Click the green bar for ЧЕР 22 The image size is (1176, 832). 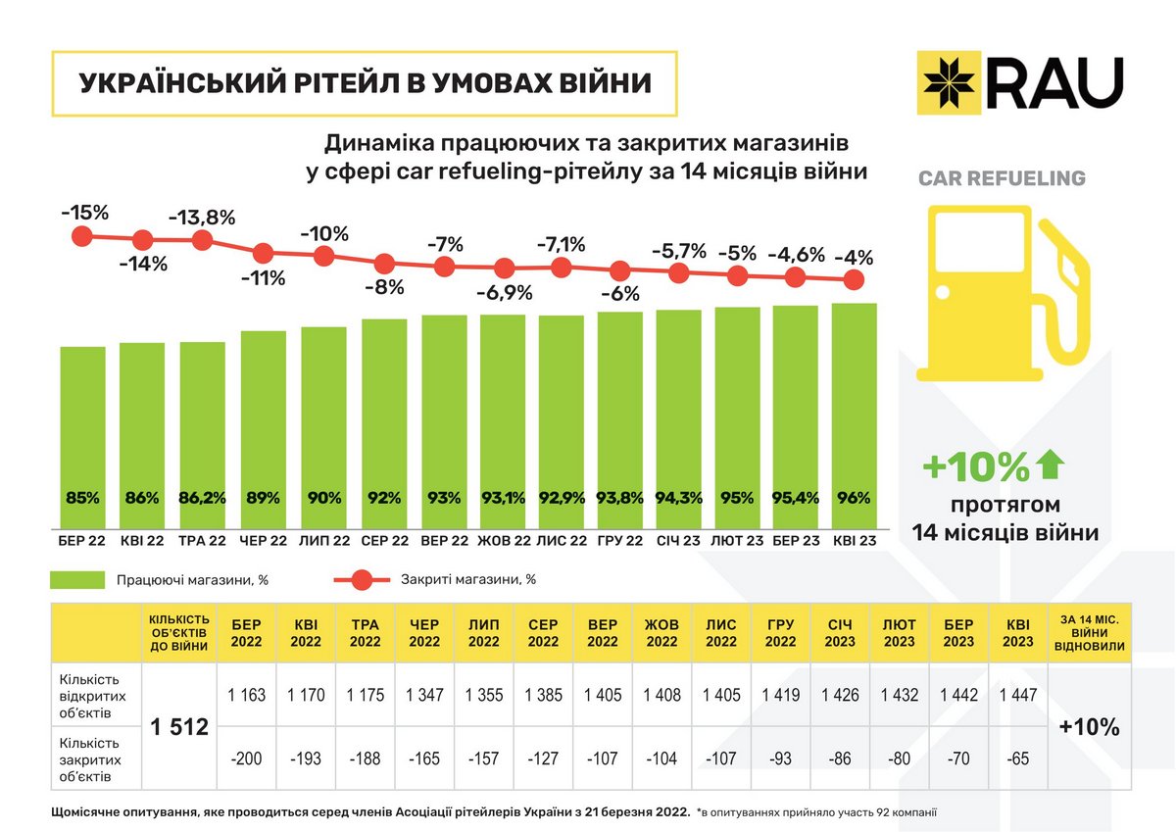[x=264, y=421]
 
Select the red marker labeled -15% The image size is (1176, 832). [x=82, y=236]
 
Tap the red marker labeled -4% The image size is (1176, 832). [x=854, y=280]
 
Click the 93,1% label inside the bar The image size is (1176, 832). [x=504, y=498]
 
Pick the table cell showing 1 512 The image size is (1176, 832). [x=179, y=726]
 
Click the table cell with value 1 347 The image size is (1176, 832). [x=424, y=695]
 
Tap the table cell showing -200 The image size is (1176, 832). [x=247, y=758]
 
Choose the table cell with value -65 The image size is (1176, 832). [x=1018, y=758]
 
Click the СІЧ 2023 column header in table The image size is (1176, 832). [x=840, y=632]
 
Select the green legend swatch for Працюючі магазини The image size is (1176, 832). [x=76, y=579]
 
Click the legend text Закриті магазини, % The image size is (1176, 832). [x=467, y=579]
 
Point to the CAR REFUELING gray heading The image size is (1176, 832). [x=1002, y=178]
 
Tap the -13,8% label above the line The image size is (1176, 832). [x=203, y=218]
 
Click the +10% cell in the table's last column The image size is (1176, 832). [x=1090, y=726]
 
